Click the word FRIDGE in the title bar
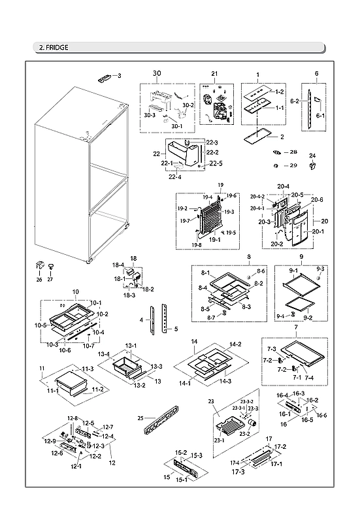point(57,47)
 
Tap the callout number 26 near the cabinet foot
point(39,280)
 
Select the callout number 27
point(49,280)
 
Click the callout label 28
point(293,152)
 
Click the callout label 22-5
point(217,163)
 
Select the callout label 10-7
point(88,346)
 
